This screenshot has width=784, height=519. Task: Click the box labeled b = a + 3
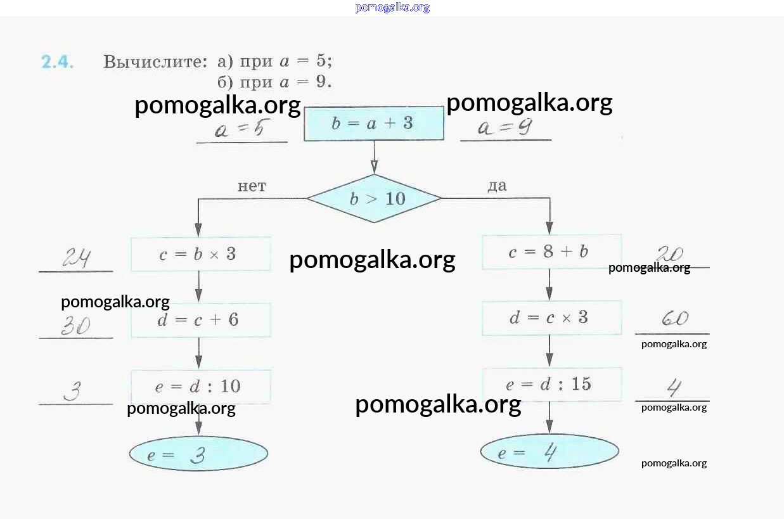click(x=373, y=124)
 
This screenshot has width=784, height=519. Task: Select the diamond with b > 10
click(x=375, y=198)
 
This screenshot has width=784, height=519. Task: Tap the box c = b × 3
click(x=200, y=254)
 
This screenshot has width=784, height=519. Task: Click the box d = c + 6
click(x=200, y=320)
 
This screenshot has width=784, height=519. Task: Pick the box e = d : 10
click(x=200, y=387)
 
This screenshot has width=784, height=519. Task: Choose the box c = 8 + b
click(x=551, y=252)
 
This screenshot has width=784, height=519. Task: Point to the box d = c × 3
click(x=551, y=317)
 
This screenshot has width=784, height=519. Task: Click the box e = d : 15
click(x=551, y=384)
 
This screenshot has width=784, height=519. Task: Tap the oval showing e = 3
click(x=198, y=454)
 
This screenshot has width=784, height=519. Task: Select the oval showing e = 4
click(x=549, y=452)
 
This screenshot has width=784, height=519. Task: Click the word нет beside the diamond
click(x=252, y=186)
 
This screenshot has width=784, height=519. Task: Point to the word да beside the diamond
click(x=497, y=186)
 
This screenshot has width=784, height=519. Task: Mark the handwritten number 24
click(x=76, y=258)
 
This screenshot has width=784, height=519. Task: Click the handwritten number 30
click(x=75, y=326)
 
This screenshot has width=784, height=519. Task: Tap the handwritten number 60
click(x=674, y=319)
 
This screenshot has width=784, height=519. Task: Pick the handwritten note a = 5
click(x=239, y=131)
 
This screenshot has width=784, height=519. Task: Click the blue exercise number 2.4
click(x=58, y=62)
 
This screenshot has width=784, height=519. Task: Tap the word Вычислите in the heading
click(x=155, y=62)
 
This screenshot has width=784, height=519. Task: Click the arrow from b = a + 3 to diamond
click(x=374, y=158)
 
